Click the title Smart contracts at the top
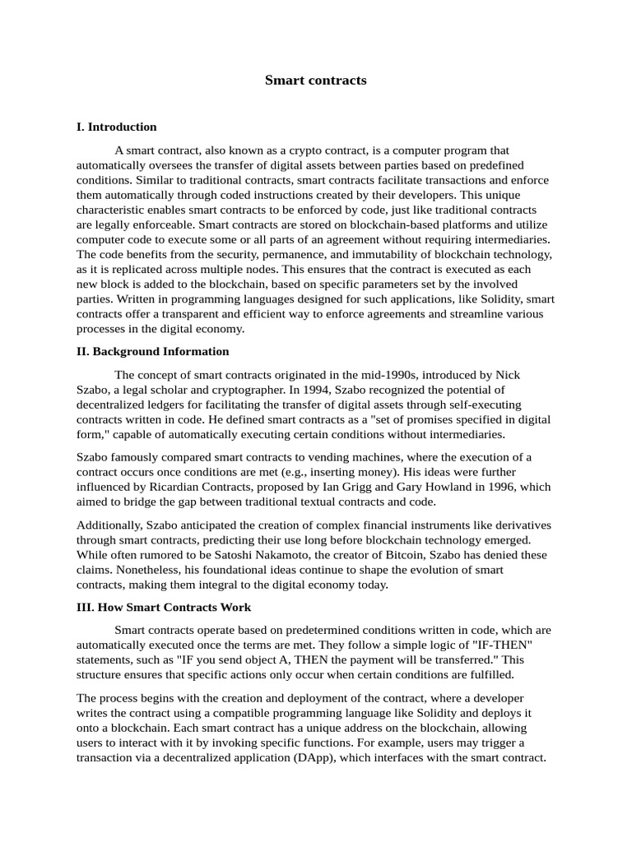(x=315, y=81)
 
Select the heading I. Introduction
(x=116, y=127)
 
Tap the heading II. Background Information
(x=152, y=352)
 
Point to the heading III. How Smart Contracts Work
(x=164, y=608)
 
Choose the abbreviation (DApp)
(x=310, y=758)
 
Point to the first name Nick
(x=509, y=375)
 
